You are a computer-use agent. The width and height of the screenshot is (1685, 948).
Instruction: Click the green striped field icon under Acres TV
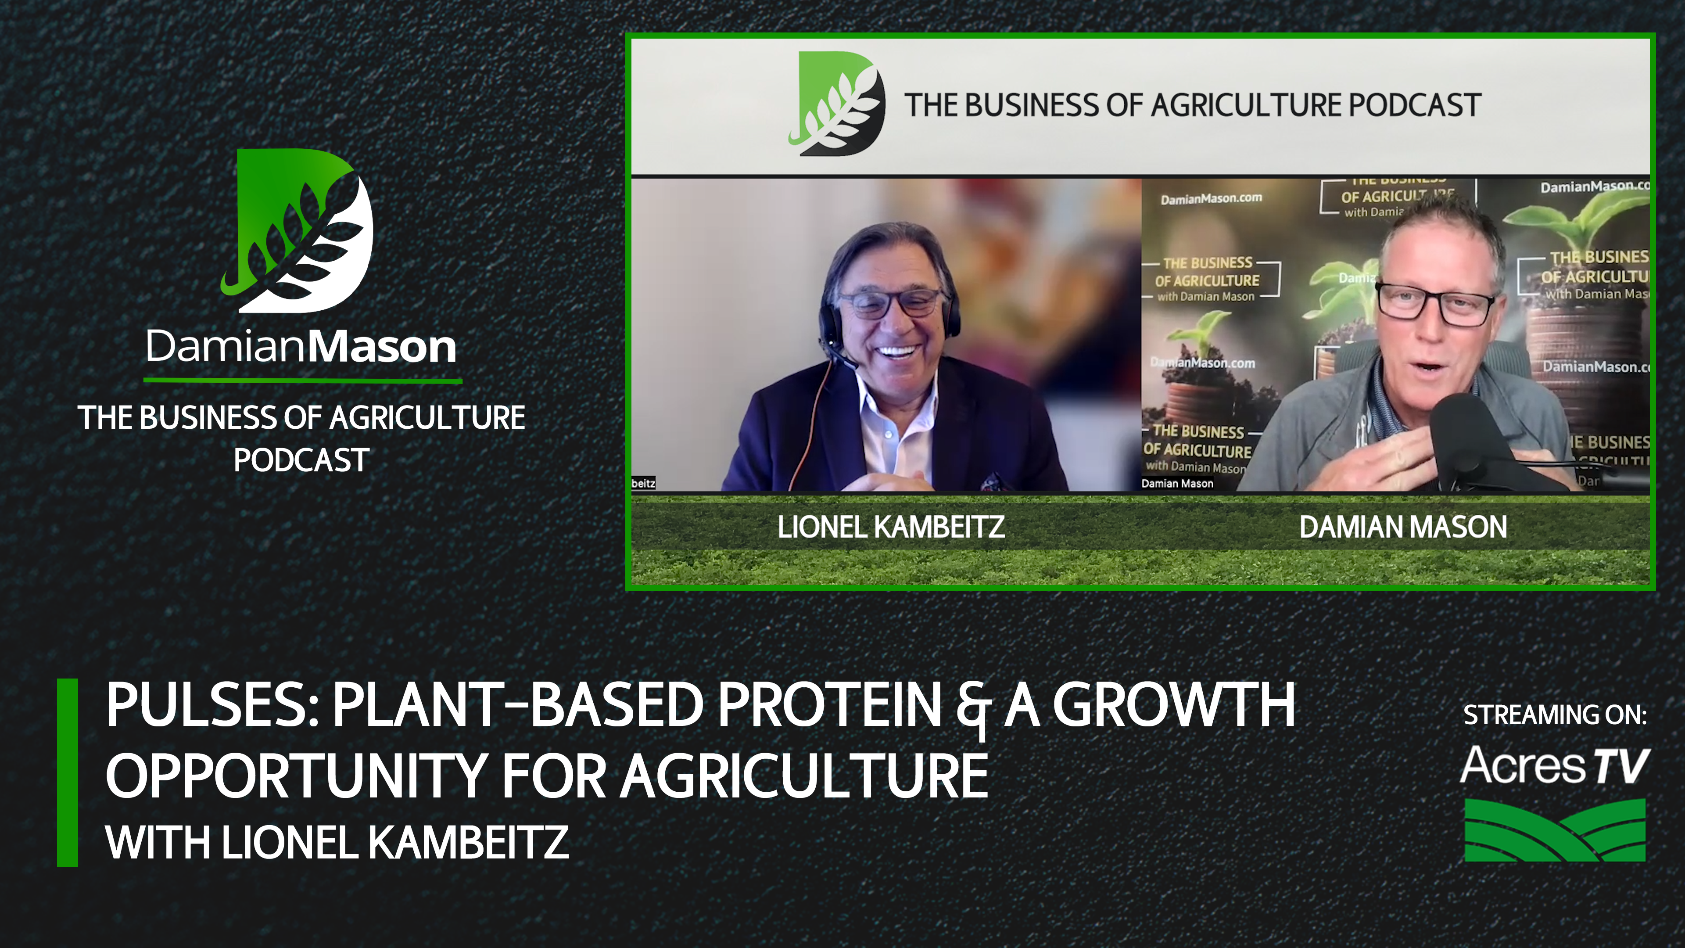pyautogui.click(x=1554, y=829)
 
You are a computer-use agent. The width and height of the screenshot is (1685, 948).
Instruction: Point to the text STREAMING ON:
pyautogui.click(x=1554, y=715)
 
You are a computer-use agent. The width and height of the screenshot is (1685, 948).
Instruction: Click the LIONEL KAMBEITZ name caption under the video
pyautogui.click(x=890, y=527)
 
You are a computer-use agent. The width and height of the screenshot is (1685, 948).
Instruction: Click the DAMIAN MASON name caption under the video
pyautogui.click(x=1402, y=527)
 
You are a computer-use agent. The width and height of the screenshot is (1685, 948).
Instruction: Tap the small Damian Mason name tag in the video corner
pyautogui.click(x=1177, y=484)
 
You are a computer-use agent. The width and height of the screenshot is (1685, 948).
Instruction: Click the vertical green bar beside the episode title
pyautogui.click(x=68, y=772)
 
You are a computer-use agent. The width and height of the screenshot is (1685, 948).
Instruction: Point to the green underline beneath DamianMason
pyautogui.click(x=302, y=380)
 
